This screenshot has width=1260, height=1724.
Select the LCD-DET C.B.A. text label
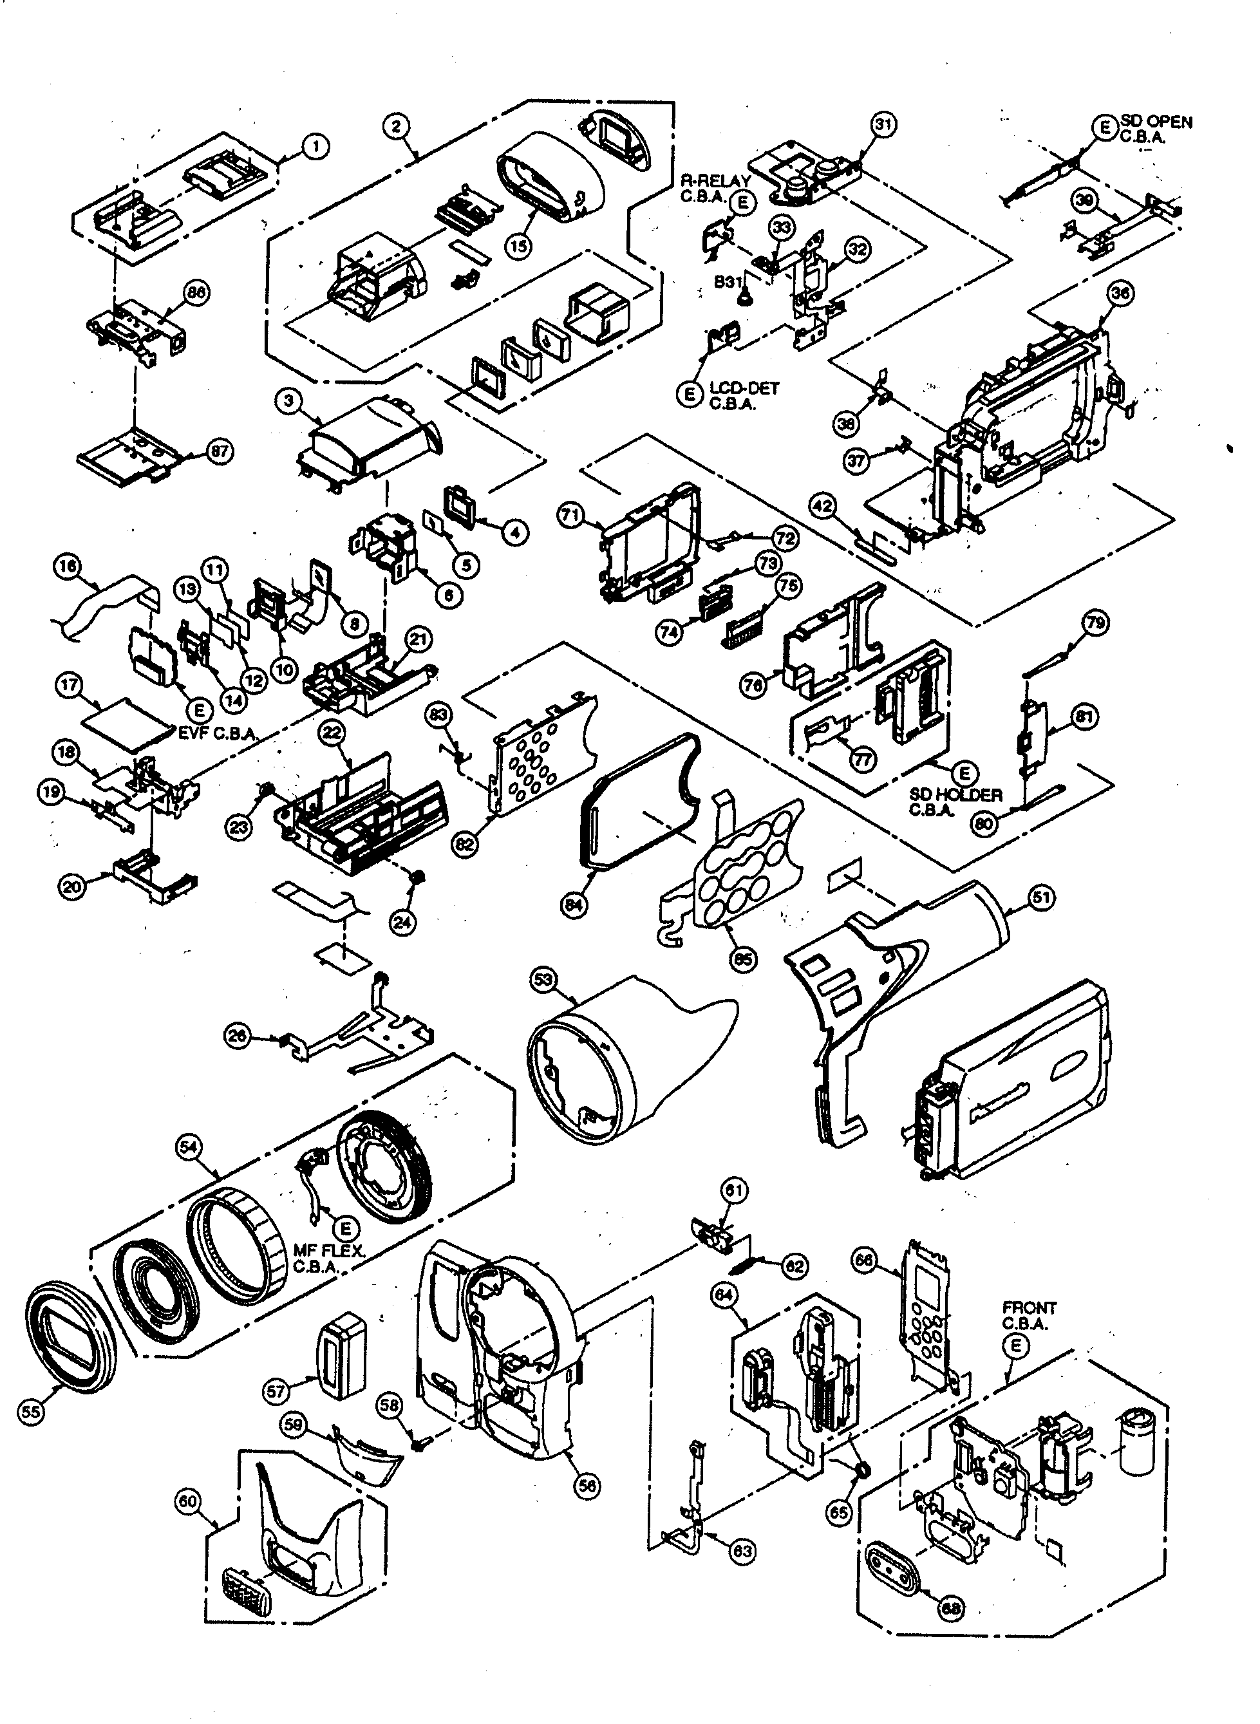click(x=744, y=396)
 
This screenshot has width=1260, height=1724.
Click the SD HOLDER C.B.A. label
click(x=955, y=802)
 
